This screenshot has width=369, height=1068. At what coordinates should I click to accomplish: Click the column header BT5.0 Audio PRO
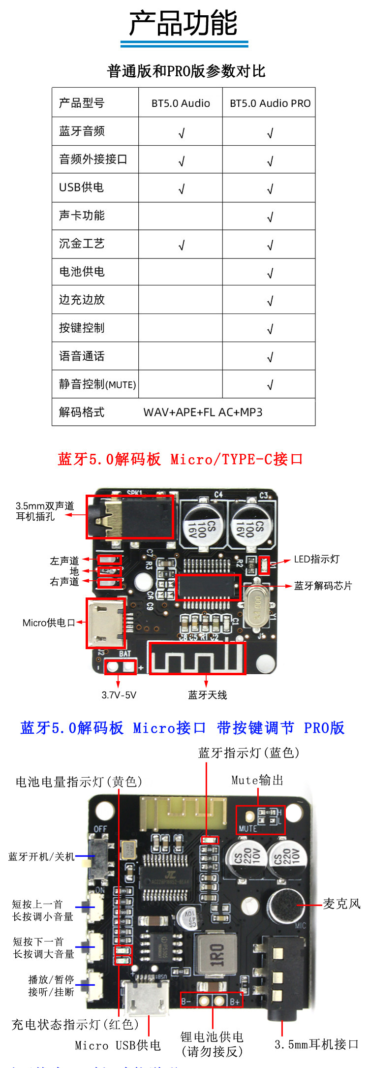point(270,103)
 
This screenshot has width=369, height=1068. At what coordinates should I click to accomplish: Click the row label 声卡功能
point(82,216)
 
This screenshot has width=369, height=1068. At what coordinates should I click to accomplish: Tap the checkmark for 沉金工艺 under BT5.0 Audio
point(181,245)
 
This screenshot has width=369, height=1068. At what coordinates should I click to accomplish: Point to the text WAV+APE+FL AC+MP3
point(203,412)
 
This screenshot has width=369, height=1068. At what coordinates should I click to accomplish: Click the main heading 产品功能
point(184,23)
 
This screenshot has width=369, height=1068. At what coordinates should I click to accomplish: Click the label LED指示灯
point(316,559)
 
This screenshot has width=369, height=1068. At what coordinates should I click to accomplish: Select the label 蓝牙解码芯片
point(323,586)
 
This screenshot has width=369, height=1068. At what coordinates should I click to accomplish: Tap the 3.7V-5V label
point(119,695)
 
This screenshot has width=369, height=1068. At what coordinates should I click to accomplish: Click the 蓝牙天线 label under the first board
point(207,695)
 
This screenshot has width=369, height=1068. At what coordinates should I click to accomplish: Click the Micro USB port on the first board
point(105,623)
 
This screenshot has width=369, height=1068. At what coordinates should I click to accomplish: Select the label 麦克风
point(341,904)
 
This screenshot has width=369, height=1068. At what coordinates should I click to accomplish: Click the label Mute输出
point(257,780)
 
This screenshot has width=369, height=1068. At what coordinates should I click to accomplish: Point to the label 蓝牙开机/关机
point(41,857)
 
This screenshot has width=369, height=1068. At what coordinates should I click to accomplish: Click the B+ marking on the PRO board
point(235,1001)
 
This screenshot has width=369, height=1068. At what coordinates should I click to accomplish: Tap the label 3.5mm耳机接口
point(316,1044)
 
